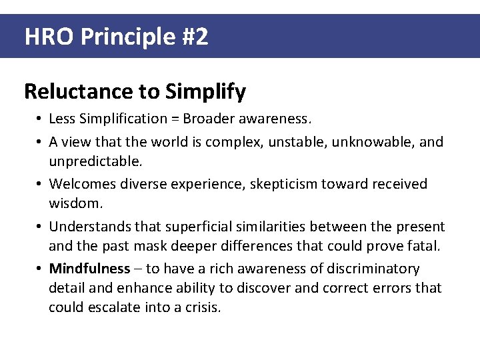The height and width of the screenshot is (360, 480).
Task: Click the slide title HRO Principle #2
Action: pos(116,36)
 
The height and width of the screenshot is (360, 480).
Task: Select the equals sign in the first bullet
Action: pos(175,119)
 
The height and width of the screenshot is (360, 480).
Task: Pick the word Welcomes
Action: pos(81,183)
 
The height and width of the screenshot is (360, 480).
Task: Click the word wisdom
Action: pos(75,203)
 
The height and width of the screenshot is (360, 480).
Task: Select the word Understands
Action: pos(89,226)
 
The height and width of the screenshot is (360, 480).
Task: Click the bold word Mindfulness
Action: pos(89,269)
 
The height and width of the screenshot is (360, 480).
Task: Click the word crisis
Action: pos(202,308)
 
